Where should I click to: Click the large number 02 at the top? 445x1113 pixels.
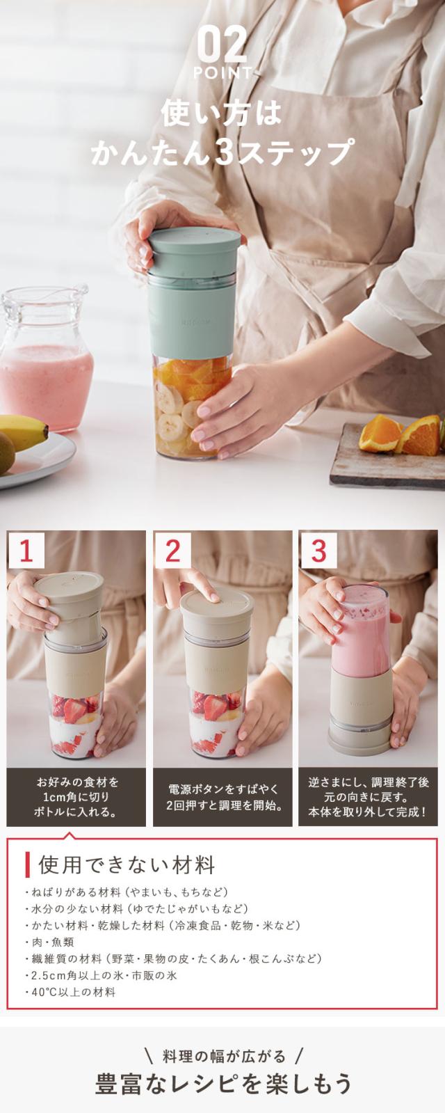click(x=222, y=45)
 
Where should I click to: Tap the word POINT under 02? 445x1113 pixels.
click(x=222, y=74)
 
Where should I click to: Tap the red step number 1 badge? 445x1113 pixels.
click(x=26, y=551)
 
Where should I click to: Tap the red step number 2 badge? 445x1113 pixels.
click(x=172, y=551)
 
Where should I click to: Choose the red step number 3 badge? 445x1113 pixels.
click(x=318, y=551)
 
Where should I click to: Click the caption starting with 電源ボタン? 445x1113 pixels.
click(x=222, y=798)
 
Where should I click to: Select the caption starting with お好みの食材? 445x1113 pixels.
click(x=76, y=798)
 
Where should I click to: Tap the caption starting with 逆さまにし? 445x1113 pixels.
click(x=368, y=798)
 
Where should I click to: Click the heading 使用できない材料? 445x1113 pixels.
click(x=127, y=865)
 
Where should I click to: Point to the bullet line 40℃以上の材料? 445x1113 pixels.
click(x=70, y=993)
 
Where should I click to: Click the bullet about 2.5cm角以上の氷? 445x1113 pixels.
click(x=101, y=975)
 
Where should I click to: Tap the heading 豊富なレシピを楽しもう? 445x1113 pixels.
click(x=223, y=1084)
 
